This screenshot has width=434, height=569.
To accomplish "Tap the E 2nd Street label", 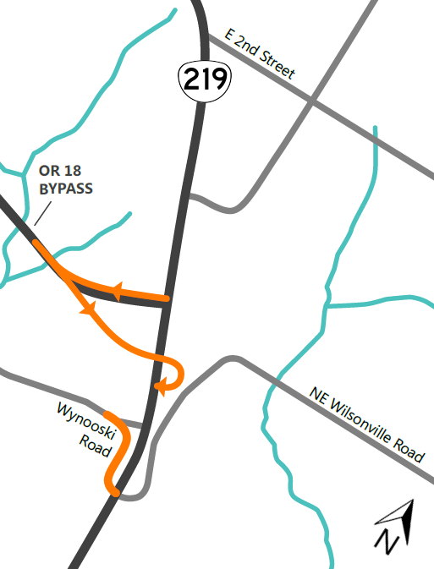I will [x=260, y=53].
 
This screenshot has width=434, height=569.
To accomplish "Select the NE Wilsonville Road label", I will [x=365, y=424].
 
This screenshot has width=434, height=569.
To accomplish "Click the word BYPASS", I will [x=66, y=188].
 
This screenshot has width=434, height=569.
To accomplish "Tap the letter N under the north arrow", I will [x=387, y=540].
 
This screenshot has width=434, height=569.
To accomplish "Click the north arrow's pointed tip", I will [x=409, y=503].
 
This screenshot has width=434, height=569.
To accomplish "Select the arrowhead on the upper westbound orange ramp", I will [x=116, y=292].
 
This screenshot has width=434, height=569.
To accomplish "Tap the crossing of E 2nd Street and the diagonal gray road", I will [x=312, y=101].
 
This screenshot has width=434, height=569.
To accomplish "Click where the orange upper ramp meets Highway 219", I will [x=168, y=298].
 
